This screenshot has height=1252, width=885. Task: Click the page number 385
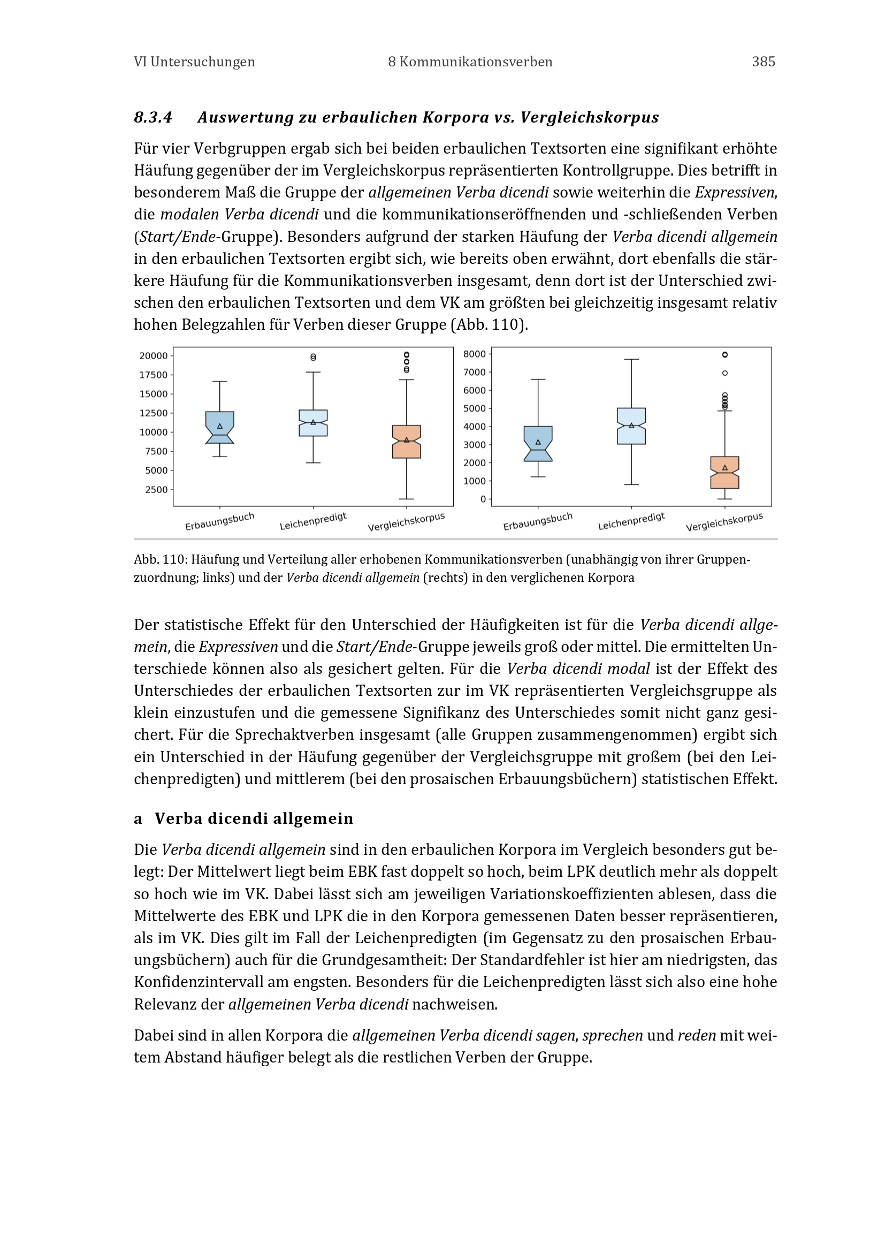pos(763,62)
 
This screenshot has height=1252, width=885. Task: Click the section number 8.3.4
pos(153,117)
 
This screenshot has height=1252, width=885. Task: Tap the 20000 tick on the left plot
pos(154,356)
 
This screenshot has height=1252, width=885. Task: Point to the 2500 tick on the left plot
pos(156,490)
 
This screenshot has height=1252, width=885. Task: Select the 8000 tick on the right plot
pos(474,354)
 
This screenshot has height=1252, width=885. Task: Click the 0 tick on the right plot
pos(483,499)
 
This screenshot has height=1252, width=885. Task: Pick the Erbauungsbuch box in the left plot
pos(219,428)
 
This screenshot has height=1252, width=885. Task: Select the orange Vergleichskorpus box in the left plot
pos(407,442)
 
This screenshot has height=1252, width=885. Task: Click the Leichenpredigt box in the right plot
pos(631,426)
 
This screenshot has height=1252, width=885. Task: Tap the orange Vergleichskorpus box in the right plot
pos(725,472)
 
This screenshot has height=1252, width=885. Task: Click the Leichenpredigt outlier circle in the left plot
pos(314,357)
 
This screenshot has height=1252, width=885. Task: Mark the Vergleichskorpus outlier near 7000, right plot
pos(725,374)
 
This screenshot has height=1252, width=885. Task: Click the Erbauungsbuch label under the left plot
pos(219,522)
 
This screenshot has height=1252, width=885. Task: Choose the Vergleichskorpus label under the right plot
pos(724,522)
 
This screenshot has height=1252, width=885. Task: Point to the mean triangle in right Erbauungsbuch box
pos(538,442)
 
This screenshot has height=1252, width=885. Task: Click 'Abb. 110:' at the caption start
pos(161,559)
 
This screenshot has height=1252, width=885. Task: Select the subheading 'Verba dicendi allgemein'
pos(254,818)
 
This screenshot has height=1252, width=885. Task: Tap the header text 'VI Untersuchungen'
pos(195,62)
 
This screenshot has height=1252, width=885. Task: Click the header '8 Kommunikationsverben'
pos(470,62)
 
